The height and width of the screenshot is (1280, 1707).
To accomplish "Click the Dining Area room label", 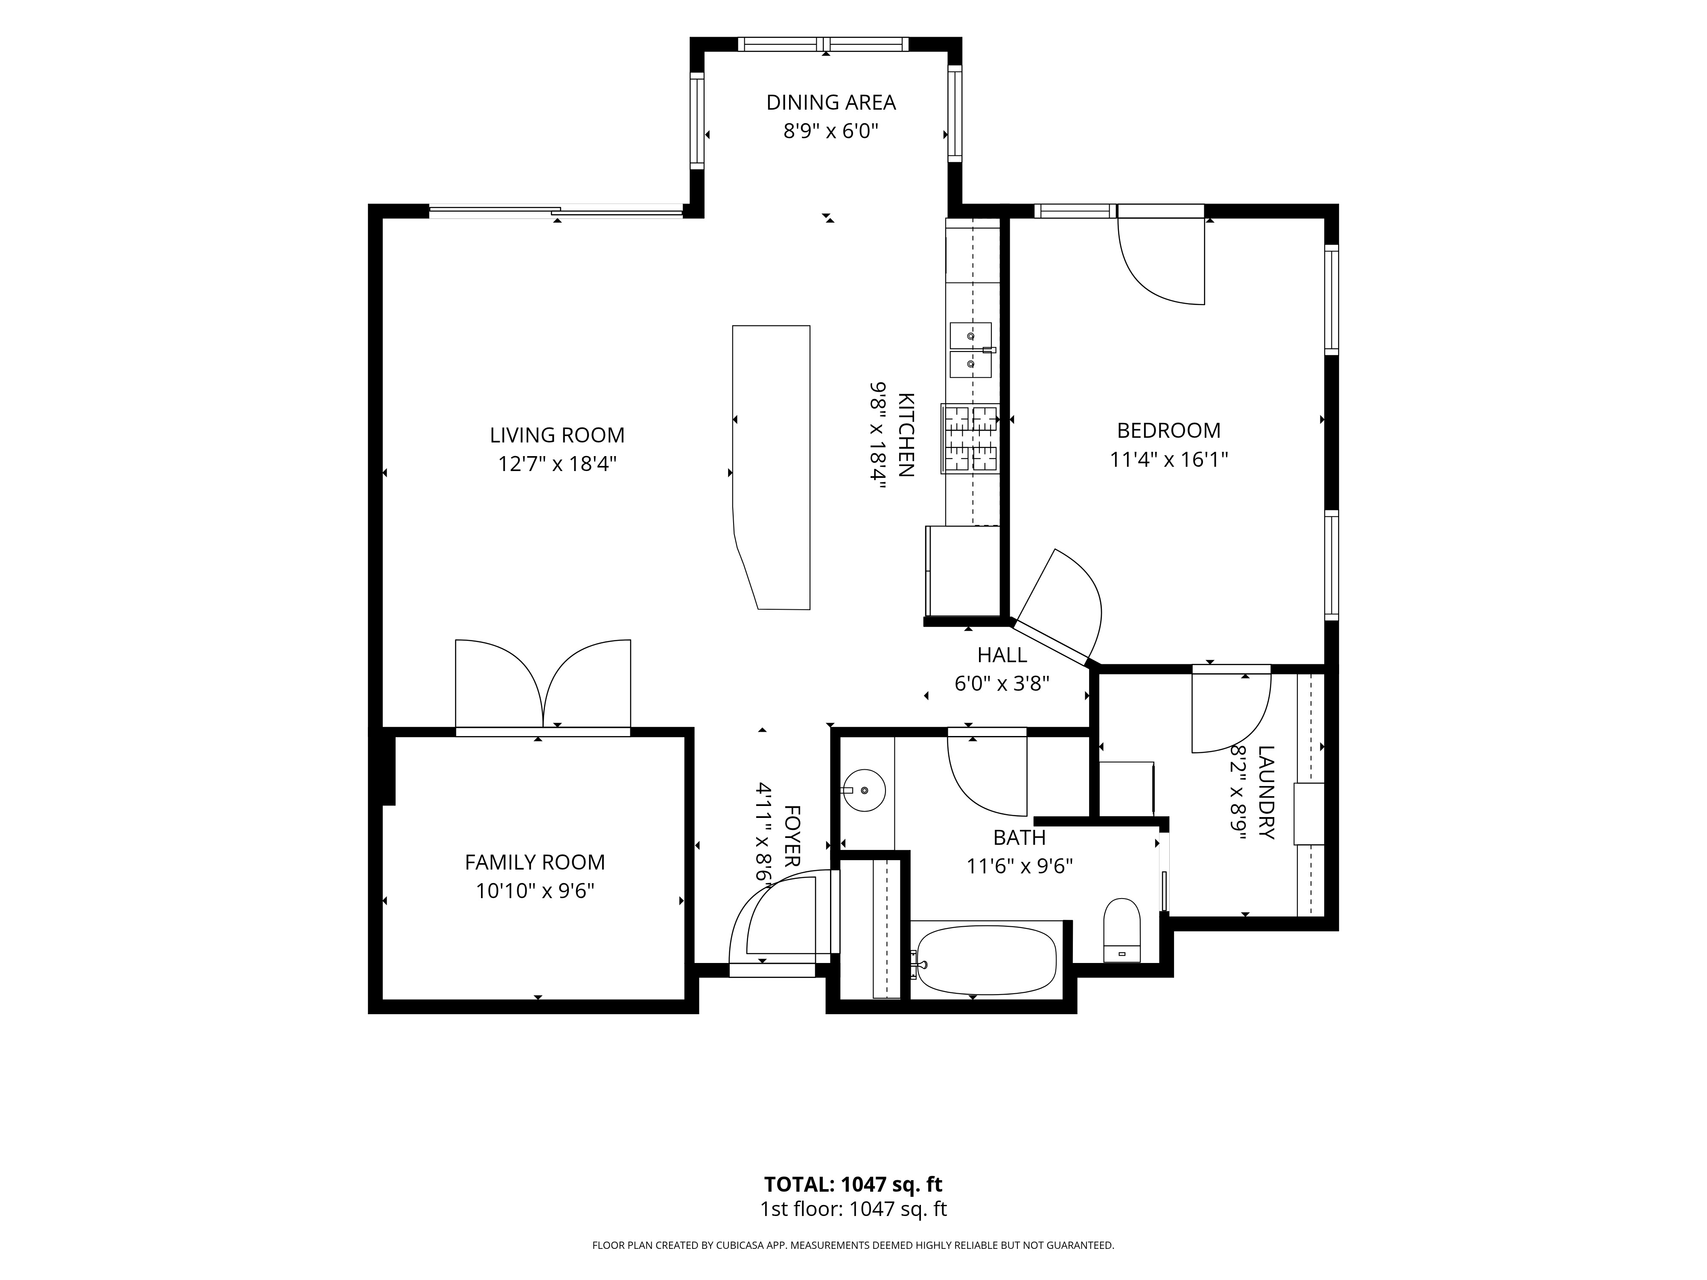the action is (830, 103).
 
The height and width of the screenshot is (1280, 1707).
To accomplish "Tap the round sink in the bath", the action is (864, 790).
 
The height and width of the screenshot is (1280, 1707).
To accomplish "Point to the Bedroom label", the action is (1168, 431).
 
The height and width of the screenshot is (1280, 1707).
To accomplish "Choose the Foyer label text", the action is (792, 835).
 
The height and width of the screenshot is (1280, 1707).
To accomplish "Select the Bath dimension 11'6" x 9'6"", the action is (1020, 867).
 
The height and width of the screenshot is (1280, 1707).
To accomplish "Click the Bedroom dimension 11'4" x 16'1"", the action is (1168, 460).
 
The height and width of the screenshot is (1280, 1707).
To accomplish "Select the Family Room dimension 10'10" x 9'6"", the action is (535, 891).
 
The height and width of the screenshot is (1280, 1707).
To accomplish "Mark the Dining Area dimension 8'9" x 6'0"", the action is (830, 131).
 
